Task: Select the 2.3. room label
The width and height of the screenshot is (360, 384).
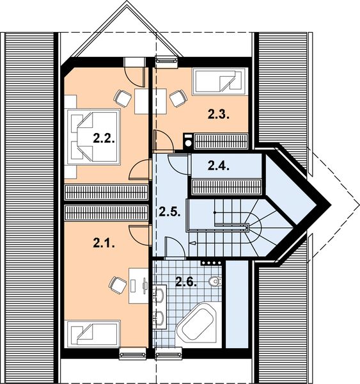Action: (x=218, y=115)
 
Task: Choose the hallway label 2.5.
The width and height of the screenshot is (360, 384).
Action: (x=169, y=211)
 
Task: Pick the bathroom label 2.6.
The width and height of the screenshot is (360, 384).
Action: (x=186, y=280)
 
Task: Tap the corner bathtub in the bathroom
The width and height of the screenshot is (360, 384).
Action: (x=198, y=324)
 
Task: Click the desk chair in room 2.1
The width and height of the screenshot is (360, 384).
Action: (x=116, y=282)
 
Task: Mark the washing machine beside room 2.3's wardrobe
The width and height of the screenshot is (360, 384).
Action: (x=187, y=140)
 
